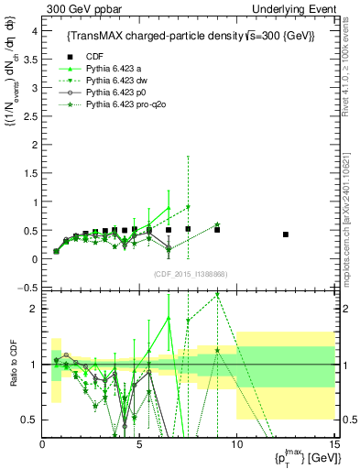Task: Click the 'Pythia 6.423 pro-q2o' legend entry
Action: (125, 105)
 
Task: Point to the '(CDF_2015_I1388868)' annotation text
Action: (189, 274)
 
